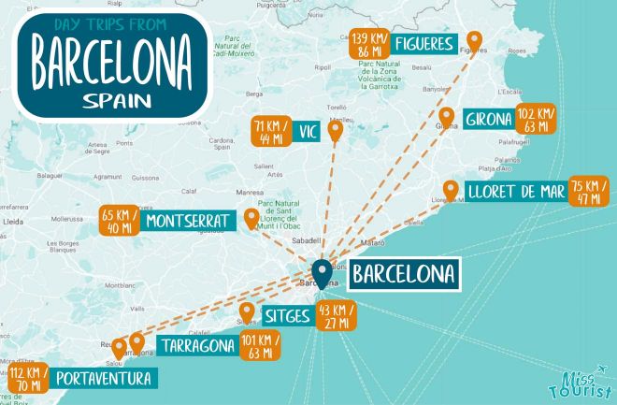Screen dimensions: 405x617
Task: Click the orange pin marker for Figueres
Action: point(475,41)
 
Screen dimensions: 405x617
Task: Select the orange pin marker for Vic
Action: point(336,130)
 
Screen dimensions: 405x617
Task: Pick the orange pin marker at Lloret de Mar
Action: point(451,191)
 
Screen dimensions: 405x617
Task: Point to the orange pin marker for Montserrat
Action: point(251,219)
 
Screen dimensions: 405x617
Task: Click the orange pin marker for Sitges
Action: point(247,312)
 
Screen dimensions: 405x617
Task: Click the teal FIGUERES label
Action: point(423,43)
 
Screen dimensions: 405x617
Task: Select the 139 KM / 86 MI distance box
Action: point(370,43)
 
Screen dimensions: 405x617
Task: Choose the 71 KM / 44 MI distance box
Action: point(271,133)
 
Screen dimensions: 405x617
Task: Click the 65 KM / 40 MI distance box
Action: point(120,222)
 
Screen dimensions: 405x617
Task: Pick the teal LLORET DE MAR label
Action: point(512,194)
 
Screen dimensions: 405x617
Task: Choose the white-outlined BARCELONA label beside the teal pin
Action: point(404,274)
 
